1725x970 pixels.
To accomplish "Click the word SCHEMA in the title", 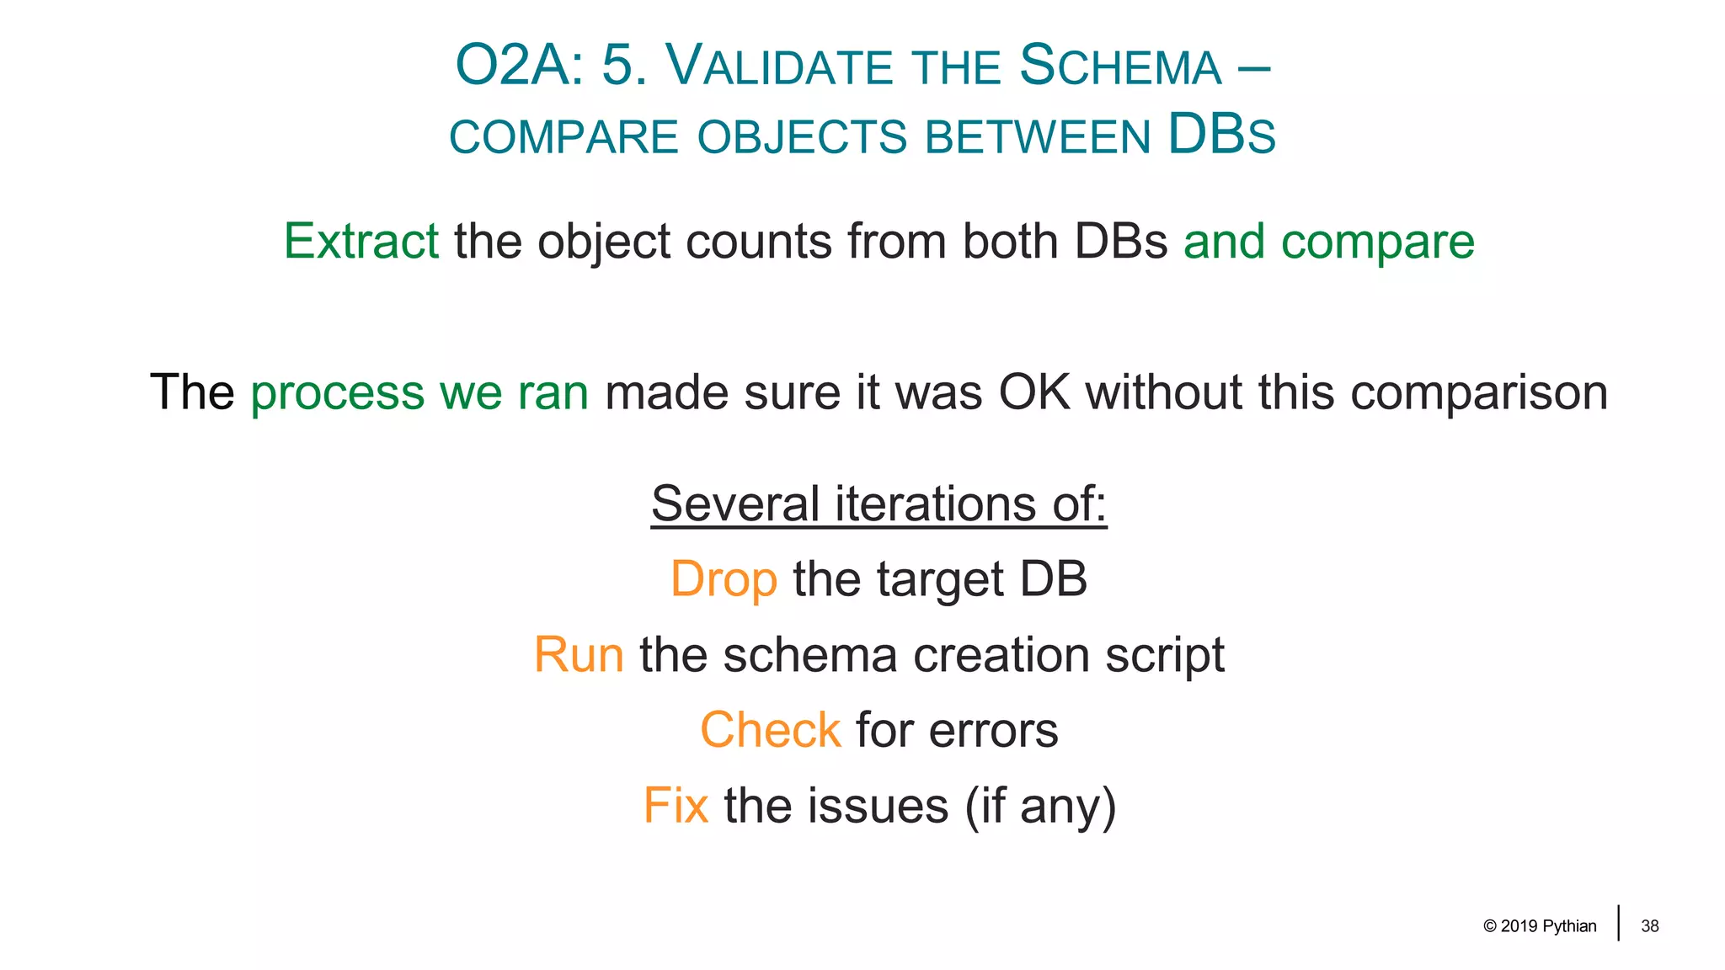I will pyautogui.click(x=1120, y=67).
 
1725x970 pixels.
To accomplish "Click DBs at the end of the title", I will pyautogui.click(x=1221, y=136).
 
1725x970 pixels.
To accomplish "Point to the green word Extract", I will pyautogui.click(x=360, y=242).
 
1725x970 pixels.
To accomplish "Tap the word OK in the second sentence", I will pyautogui.click(x=1034, y=392).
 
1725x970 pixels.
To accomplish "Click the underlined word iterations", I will pyautogui.click(x=936, y=504).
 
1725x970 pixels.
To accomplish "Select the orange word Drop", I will pyautogui.click(x=724, y=580).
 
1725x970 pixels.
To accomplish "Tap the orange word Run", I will pyautogui.click(x=579, y=655).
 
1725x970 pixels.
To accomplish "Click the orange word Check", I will pyautogui.click(x=770, y=730).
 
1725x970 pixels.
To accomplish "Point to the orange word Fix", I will pyautogui.click(x=676, y=806).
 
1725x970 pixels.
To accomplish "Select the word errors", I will pyautogui.click(x=993, y=730).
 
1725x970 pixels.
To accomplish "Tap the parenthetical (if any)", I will pyautogui.click(x=1041, y=807).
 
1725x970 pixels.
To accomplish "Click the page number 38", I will pyautogui.click(x=1649, y=926).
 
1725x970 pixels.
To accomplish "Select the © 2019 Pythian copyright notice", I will pyautogui.click(x=1540, y=926).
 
